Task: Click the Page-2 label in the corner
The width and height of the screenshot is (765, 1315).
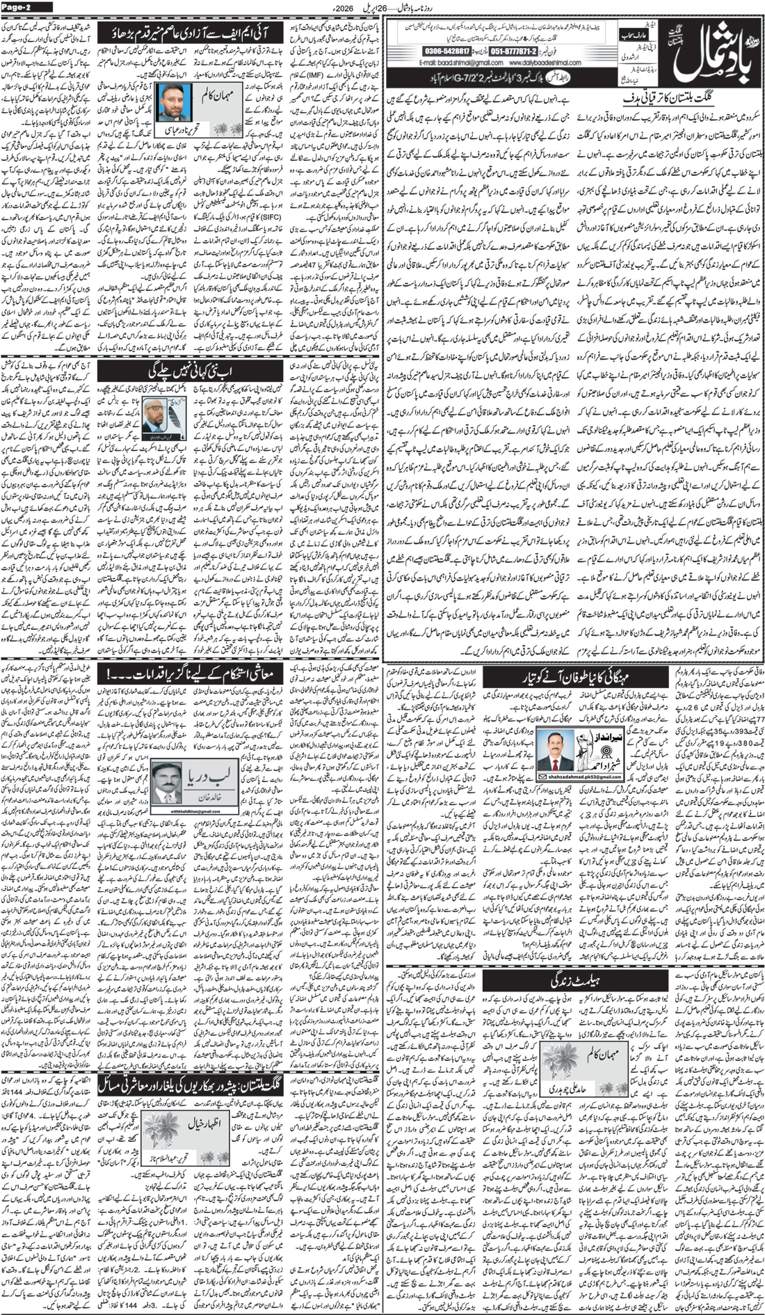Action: click(26, 7)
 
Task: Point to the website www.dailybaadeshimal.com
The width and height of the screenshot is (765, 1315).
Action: click(536, 64)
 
